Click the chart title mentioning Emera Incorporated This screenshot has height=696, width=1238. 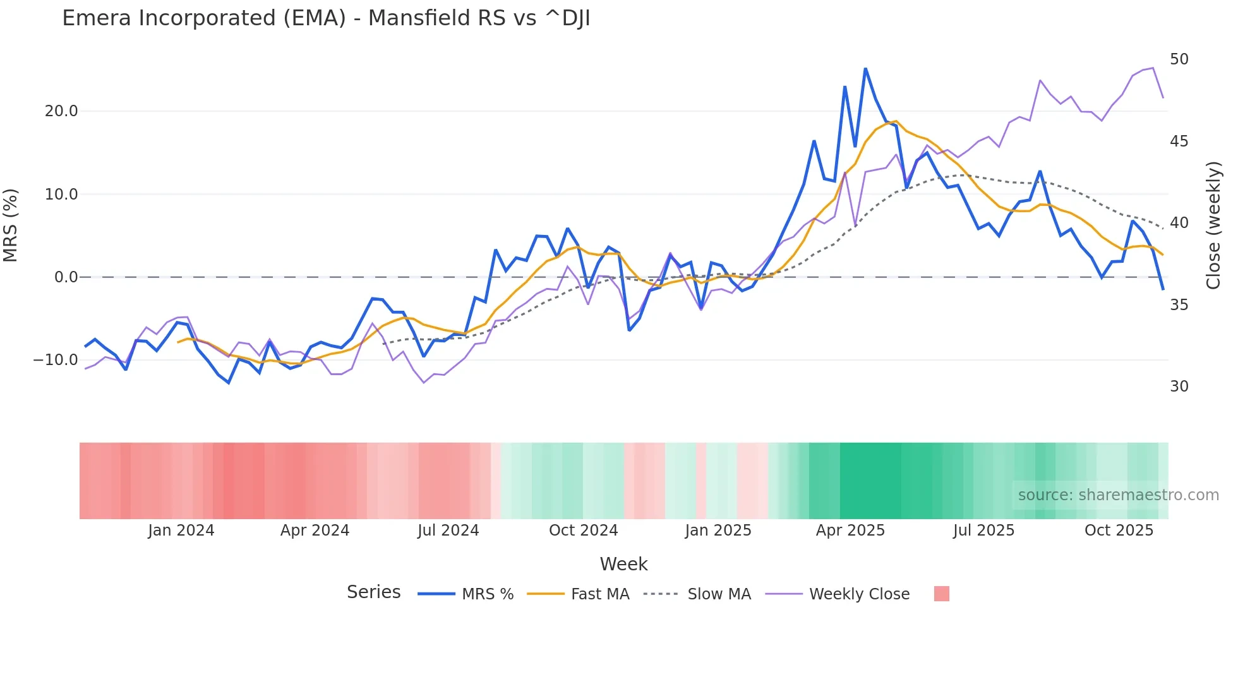326,18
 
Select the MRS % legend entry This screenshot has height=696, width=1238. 487,594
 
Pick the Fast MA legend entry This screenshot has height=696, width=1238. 599,594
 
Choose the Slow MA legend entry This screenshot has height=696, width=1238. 719,594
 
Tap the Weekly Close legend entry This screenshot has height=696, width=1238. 859,594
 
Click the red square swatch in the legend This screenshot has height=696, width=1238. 941,594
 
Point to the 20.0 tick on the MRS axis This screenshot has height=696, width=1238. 61,111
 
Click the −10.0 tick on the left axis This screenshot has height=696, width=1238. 56,360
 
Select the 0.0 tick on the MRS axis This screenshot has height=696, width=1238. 66,277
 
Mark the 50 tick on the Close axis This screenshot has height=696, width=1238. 1179,59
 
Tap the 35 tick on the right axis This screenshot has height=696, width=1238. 1179,305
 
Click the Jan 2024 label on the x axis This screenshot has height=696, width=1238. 181,531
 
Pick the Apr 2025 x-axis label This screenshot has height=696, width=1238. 850,531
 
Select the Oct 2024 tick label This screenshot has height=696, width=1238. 583,531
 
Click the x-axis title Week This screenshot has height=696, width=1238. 623,564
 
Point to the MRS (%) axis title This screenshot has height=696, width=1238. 11,225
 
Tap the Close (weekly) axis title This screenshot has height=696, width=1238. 1213,225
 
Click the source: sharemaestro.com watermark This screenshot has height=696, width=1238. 1118,495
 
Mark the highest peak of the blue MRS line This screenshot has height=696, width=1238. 865,68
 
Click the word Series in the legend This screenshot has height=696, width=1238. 373,592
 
